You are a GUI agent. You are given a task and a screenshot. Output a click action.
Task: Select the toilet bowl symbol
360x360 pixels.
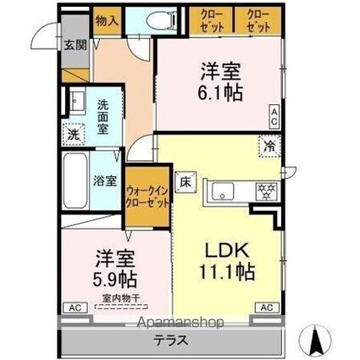[157, 21]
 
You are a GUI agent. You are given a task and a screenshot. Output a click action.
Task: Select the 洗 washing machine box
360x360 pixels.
[74, 134]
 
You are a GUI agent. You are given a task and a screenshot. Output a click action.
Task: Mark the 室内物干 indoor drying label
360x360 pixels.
[119, 297]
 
